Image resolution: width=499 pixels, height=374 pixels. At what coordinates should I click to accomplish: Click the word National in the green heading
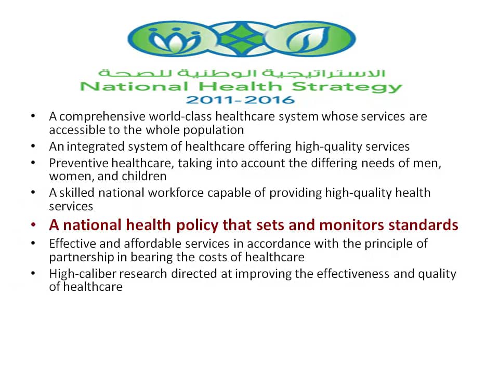coord(134,87)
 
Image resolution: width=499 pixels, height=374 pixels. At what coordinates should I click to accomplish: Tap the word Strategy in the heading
coord(347,87)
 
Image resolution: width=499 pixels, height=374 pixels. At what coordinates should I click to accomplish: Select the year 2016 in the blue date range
coord(270,100)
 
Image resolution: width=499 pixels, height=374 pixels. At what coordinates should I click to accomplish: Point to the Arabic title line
coord(242,73)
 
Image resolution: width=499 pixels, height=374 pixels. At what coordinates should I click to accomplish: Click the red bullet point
coord(33,225)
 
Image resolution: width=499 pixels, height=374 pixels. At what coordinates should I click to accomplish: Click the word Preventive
coord(78,163)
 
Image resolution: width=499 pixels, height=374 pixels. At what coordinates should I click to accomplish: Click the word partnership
coord(82,257)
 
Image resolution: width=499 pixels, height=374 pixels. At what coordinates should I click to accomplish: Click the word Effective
coord(72,244)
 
